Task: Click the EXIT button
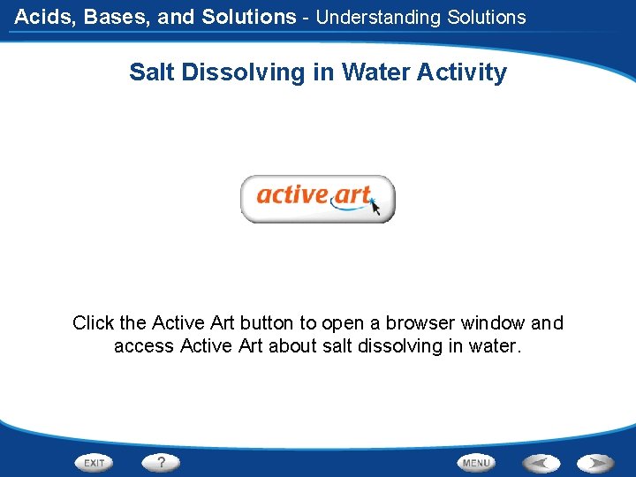95,463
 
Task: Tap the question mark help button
162,462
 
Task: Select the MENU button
476,463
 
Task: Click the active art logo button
318,199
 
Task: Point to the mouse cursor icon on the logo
375,207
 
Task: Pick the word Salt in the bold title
153,72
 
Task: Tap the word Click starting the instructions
93,323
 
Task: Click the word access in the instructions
143,346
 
